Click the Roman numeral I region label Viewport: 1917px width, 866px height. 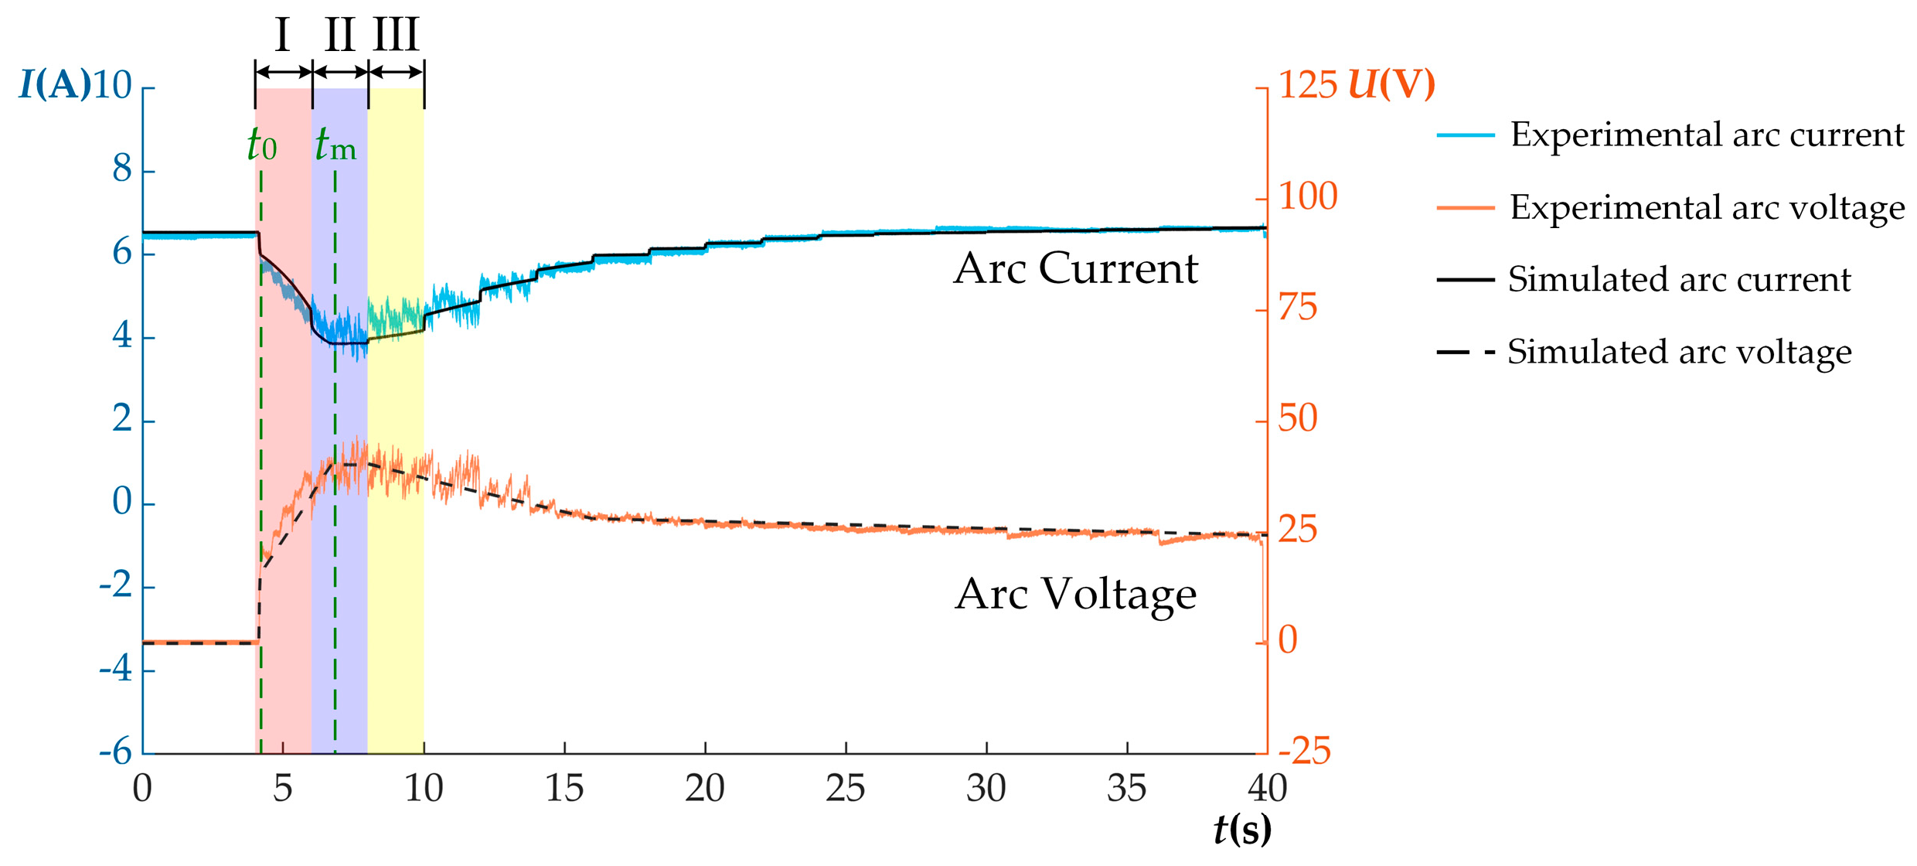click(x=282, y=35)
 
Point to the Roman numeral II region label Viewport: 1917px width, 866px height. click(x=339, y=35)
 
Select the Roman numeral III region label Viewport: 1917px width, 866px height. click(x=396, y=35)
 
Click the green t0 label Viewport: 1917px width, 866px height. click(x=262, y=145)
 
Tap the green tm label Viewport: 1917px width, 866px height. click(x=335, y=145)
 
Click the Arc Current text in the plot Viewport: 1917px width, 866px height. click(x=1075, y=268)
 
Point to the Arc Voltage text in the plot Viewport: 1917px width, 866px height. click(x=1075, y=594)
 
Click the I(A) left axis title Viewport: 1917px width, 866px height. click(x=54, y=84)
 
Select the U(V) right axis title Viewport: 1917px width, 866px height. click(x=1391, y=84)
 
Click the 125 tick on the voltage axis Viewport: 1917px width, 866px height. click(x=1308, y=84)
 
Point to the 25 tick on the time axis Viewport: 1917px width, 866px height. click(x=846, y=789)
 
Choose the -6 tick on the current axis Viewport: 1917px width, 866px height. click(x=116, y=752)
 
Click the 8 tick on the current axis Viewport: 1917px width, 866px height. click(x=122, y=169)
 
